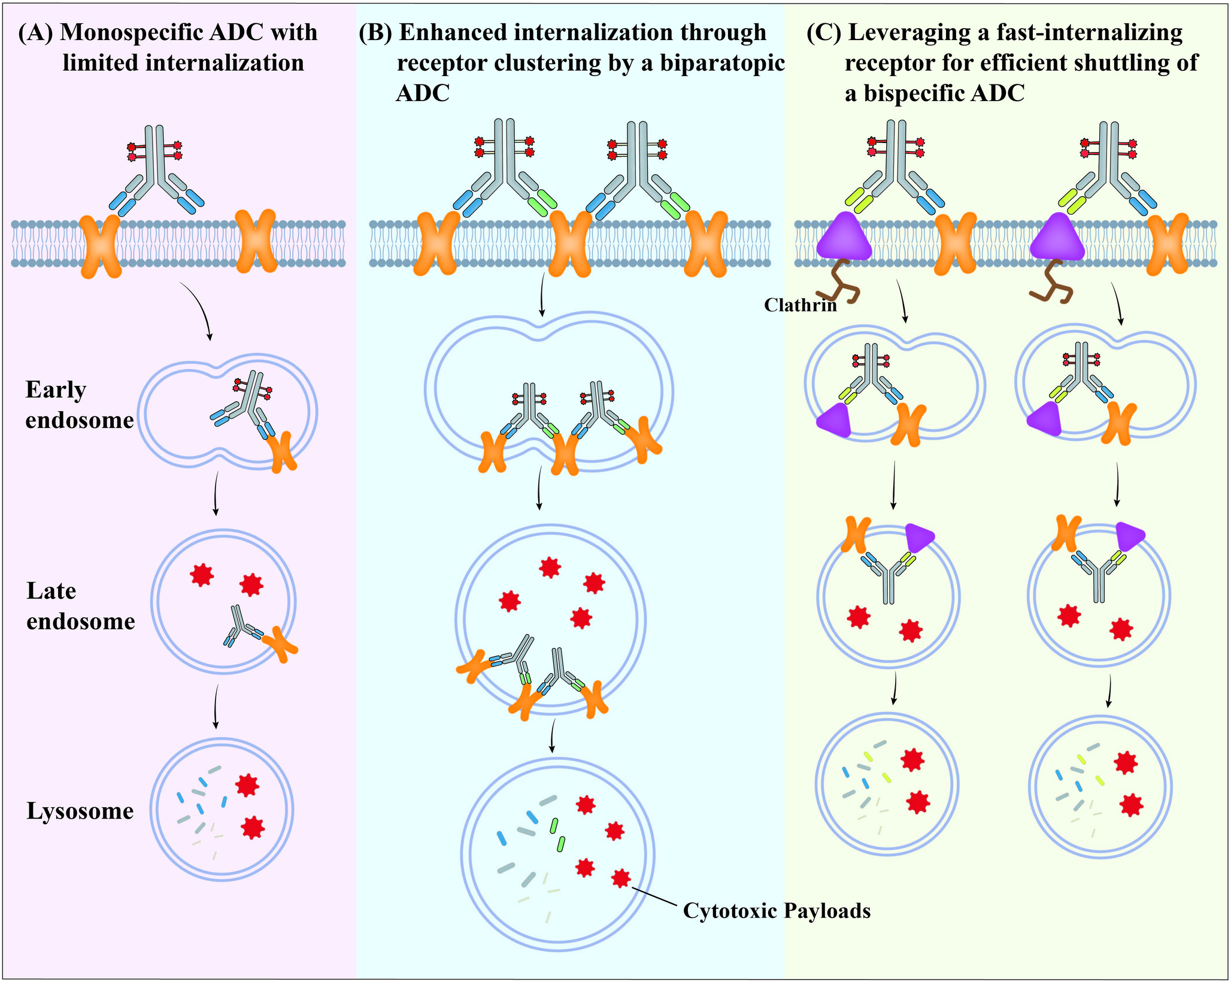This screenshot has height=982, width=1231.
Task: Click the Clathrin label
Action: pyautogui.click(x=799, y=306)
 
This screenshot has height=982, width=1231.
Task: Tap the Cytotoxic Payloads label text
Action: pyautogui.click(x=777, y=911)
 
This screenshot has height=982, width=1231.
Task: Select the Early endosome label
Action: pyautogui.click(x=78, y=405)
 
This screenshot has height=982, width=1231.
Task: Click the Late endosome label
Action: pyautogui.click(x=80, y=606)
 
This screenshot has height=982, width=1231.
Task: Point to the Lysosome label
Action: pyautogui.click(x=80, y=811)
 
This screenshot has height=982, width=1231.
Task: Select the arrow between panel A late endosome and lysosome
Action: pyautogui.click(x=216, y=707)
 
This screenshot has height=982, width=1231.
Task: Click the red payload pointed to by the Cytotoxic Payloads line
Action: pyautogui.click(x=621, y=878)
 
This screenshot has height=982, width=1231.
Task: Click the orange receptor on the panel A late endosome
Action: pyautogui.click(x=280, y=643)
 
